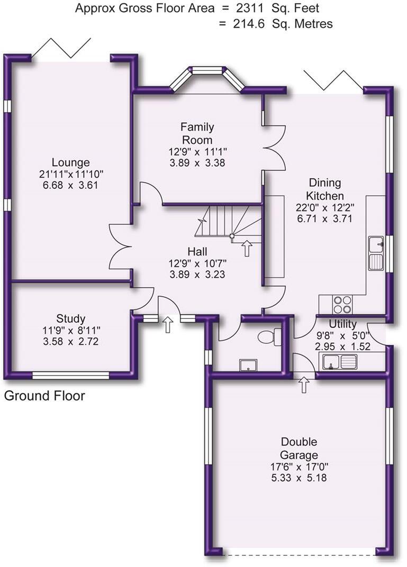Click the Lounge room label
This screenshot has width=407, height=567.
70,162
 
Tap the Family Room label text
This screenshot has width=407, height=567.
197,133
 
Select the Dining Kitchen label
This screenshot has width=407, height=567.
324,189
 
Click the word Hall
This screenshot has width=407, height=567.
197,251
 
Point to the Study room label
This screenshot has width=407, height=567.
70,318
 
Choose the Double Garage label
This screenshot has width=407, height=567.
299,449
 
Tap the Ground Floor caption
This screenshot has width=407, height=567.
44,396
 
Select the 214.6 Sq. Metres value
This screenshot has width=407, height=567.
275,24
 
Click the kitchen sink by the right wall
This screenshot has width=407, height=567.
376,253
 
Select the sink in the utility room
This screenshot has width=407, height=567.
340,362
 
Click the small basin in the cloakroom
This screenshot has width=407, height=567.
247,364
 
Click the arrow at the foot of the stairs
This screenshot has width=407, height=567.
247,248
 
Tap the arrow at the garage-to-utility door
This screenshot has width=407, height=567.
304,385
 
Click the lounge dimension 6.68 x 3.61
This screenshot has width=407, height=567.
70,185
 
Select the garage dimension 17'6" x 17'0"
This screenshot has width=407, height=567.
299,467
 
